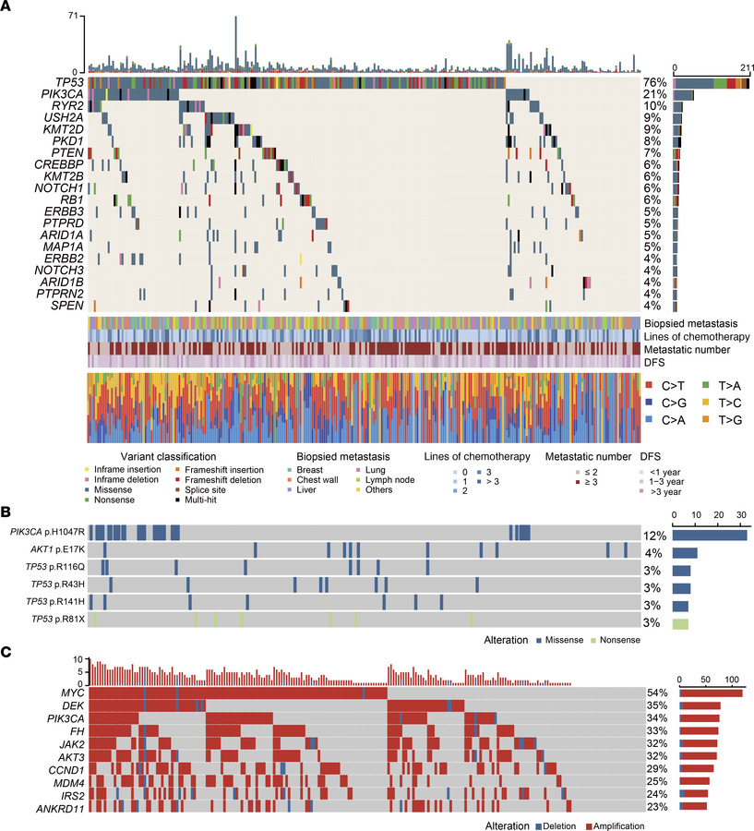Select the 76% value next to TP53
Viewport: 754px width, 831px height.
click(654, 83)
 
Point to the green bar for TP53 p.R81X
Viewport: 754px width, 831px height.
click(680, 625)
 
